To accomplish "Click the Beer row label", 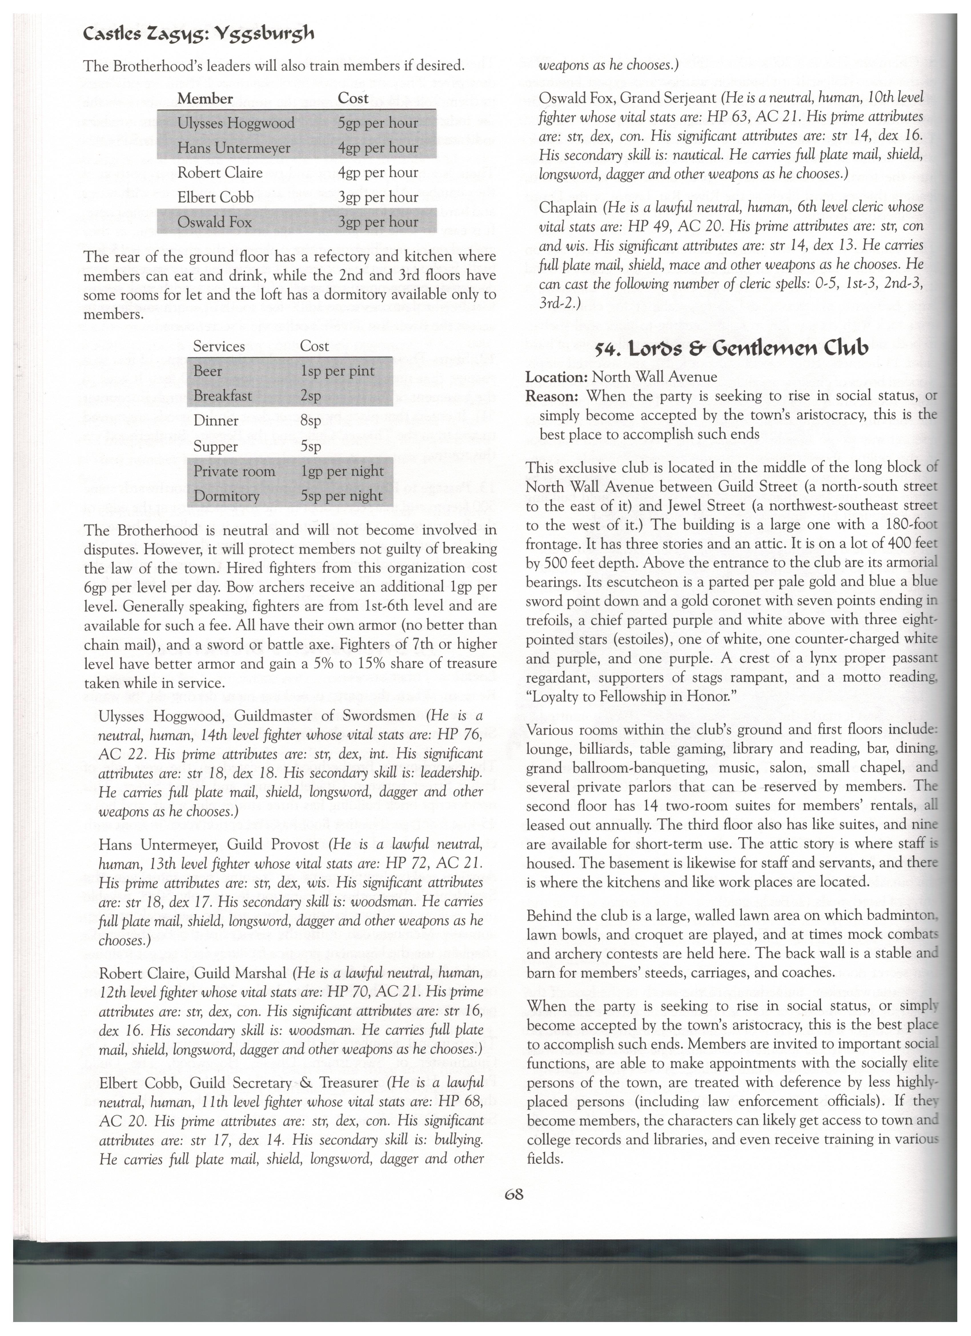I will pos(208,371).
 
